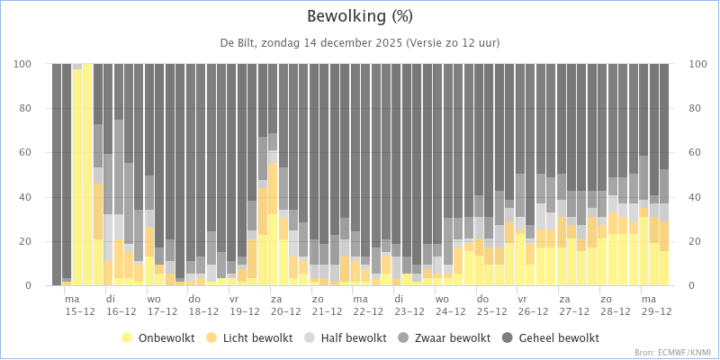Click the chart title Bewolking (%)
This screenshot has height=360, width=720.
pos(360,16)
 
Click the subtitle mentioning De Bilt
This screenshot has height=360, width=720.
pos(360,43)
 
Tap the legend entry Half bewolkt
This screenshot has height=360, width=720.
pos(346,337)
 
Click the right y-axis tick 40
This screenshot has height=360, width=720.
pos(697,197)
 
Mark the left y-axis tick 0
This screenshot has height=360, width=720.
pos(28,286)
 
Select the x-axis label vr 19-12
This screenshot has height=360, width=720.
pos(245,304)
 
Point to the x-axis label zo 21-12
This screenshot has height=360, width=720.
pos(327,304)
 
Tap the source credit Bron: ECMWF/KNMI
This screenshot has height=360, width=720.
pos(672,352)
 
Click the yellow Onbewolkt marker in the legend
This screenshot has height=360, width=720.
pos(128,337)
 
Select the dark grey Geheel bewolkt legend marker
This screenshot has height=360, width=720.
pos(510,337)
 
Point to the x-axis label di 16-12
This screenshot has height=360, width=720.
pos(121,304)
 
